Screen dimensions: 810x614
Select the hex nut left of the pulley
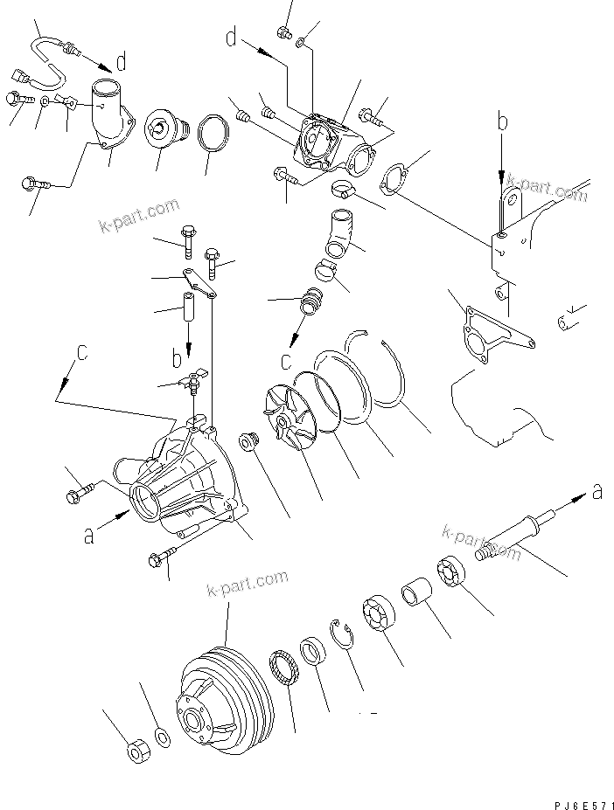click(136, 751)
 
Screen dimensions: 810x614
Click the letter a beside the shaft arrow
click(597, 492)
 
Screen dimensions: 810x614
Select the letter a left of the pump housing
click(88, 536)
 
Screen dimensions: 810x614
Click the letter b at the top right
click(502, 122)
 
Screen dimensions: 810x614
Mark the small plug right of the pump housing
click(249, 443)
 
